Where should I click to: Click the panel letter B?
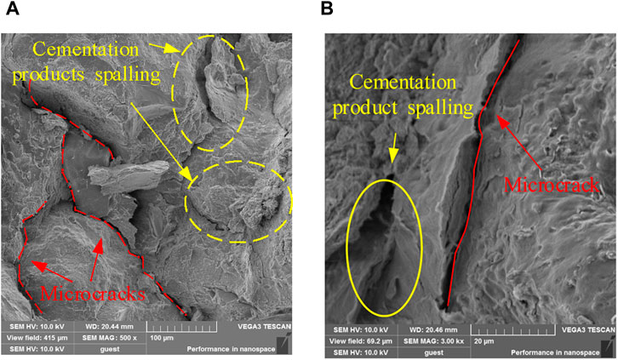tap(327, 9)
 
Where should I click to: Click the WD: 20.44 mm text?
tap(126, 325)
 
